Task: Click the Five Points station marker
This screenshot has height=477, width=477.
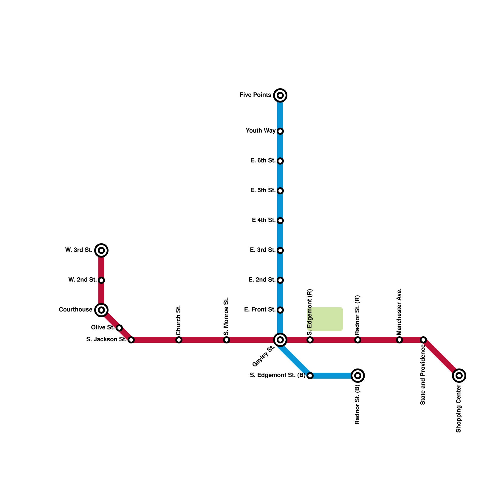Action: (x=280, y=95)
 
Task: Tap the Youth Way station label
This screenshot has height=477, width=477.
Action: (x=260, y=131)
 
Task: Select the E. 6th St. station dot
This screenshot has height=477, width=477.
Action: (x=280, y=161)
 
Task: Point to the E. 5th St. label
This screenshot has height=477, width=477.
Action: (x=262, y=191)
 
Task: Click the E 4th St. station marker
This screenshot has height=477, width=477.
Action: (x=280, y=221)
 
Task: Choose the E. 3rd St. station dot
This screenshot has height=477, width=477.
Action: (x=280, y=250)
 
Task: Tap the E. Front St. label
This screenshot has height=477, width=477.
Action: (x=259, y=310)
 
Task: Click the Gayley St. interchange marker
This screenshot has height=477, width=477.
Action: (x=280, y=340)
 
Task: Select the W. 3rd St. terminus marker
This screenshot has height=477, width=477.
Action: (x=101, y=250)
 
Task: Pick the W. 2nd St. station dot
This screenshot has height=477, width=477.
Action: (x=101, y=280)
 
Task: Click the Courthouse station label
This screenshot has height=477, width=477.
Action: (x=75, y=310)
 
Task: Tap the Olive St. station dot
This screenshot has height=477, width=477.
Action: (x=119, y=328)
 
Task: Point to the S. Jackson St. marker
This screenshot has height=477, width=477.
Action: (x=131, y=340)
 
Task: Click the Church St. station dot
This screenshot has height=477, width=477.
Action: (x=179, y=340)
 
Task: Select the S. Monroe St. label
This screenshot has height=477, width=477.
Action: (x=226, y=316)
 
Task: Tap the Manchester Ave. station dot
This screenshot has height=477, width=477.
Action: (x=399, y=340)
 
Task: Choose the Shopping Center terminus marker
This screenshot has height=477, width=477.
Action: (x=459, y=376)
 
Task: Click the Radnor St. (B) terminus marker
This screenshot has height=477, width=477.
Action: (x=358, y=376)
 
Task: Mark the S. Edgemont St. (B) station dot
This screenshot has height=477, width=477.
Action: (x=310, y=376)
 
